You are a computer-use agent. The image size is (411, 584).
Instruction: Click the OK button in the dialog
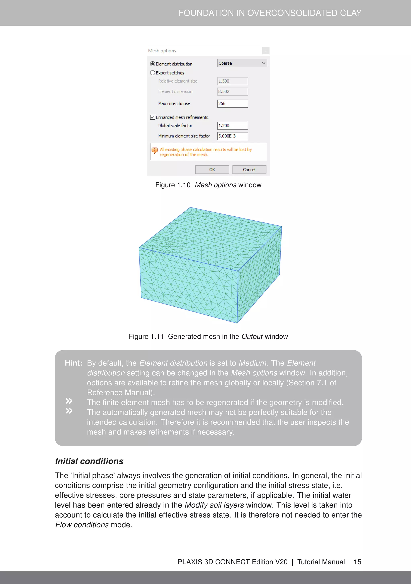click(x=212, y=170)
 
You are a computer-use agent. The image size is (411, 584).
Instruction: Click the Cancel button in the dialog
click(x=249, y=170)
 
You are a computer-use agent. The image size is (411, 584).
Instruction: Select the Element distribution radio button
click(x=153, y=64)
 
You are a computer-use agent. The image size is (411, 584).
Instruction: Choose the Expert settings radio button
click(x=153, y=73)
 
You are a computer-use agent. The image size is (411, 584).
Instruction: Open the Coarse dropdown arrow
click(x=264, y=63)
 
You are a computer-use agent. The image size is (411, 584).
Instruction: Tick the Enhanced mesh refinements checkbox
click(x=153, y=117)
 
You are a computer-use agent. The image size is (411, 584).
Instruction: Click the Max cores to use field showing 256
click(x=232, y=104)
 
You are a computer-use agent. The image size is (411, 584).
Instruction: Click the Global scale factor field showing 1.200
click(x=232, y=126)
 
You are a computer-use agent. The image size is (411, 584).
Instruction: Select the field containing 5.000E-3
click(x=232, y=136)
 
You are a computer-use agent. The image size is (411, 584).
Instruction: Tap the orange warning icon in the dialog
click(x=154, y=150)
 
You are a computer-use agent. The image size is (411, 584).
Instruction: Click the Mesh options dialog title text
click(x=162, y=51)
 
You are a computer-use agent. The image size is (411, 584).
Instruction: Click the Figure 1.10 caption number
click(x=173, y=185)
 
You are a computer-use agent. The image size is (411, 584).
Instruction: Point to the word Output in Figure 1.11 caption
click(x=252, y=336)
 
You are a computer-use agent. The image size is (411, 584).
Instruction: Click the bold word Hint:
click(x=73, y=363)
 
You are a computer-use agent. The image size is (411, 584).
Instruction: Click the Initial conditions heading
click(x=89, y=461)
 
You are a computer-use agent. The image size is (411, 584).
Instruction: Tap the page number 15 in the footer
click(x=357, y=562)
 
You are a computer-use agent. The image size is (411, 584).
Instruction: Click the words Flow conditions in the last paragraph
click(x=82, y=525)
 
